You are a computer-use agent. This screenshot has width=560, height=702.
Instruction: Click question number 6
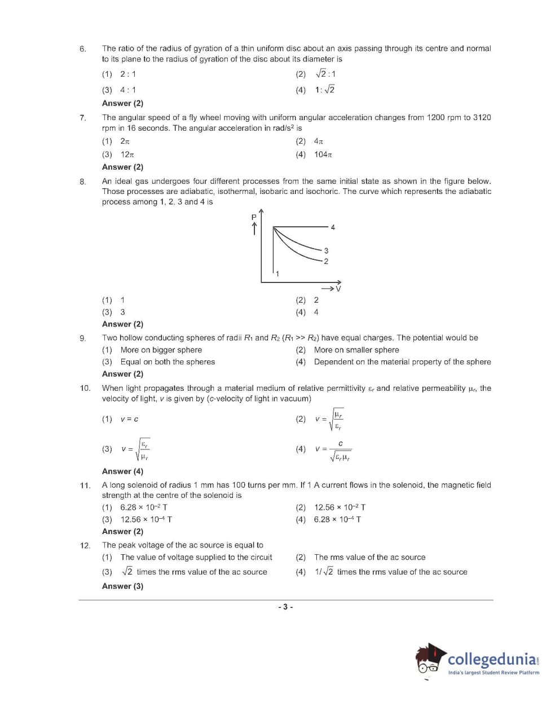83,49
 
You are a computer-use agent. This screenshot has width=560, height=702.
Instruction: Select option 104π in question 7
323,154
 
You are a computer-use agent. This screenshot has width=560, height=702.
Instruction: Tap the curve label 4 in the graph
333,227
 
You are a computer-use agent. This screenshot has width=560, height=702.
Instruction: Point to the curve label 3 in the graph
326,250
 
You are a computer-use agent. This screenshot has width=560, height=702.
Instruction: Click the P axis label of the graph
254,217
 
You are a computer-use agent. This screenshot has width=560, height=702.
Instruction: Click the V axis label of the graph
338,289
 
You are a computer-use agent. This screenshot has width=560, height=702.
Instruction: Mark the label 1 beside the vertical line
277,273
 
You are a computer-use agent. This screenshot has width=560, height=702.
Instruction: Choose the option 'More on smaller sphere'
356,350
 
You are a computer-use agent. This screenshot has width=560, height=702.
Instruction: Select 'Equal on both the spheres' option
167,362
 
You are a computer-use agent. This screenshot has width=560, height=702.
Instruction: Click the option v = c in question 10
129,419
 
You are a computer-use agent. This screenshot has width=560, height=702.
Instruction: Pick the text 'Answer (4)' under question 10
122,471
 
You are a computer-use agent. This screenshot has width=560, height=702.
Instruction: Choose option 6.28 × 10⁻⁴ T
337,519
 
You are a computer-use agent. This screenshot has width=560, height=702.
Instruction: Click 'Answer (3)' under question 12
122,586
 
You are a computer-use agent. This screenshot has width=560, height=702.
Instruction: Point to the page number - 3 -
285,607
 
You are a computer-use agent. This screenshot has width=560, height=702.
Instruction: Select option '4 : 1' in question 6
128,90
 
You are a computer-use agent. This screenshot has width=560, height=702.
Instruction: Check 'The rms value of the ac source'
369,557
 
